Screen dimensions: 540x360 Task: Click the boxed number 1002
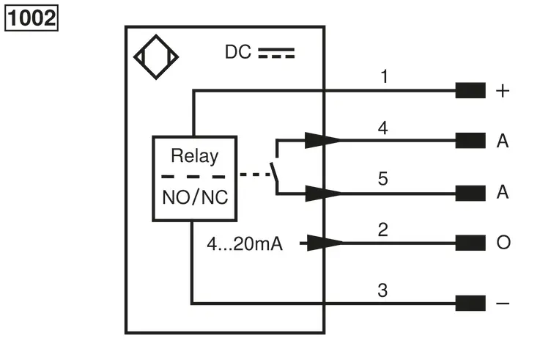click(32, 18)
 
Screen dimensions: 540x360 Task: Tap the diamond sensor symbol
click(156, 57)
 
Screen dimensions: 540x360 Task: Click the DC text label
click(237, 52)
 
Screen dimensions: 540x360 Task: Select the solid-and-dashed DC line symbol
click(276, 53)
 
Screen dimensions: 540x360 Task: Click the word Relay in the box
click(195, 155)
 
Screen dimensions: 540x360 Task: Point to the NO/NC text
click(195, 198)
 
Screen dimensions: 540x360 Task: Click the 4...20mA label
click(245, 244)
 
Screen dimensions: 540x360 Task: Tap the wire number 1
click(385, 76)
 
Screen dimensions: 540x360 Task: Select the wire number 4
click(383, 128)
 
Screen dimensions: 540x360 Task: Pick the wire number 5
click(383, 178)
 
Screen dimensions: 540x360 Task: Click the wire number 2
click(383, 229)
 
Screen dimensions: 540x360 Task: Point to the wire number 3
click(382, 290)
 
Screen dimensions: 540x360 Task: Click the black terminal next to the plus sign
click(470, 90)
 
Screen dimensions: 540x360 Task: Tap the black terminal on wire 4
click(470, 141)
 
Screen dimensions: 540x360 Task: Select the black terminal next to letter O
click(470, 243)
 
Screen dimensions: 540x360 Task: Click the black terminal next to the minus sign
click(470, 303)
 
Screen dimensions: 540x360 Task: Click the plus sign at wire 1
click(503, 91)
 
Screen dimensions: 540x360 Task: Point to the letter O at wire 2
click(503, 243)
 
